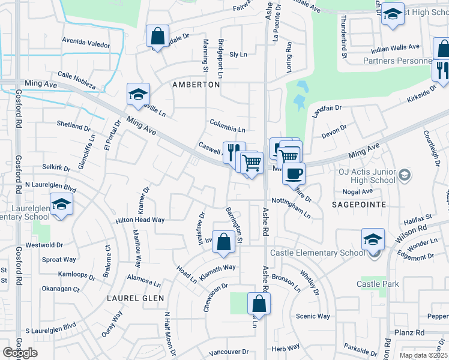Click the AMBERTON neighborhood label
[x=196, y=85]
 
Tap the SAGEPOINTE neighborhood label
[x=360, y=205]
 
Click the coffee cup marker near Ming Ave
[x=294, y=173]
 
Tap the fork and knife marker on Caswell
[x=234, y=151]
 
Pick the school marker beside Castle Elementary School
[x=373, y=240]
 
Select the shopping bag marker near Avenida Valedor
[x=157, y=37]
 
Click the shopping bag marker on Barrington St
[x=223, y=242]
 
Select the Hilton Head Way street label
[x=140, y=220]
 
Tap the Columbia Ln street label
[x=228, y=129]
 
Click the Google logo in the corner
[x=20, y=353]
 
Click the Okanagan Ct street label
[x=60, y=289]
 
